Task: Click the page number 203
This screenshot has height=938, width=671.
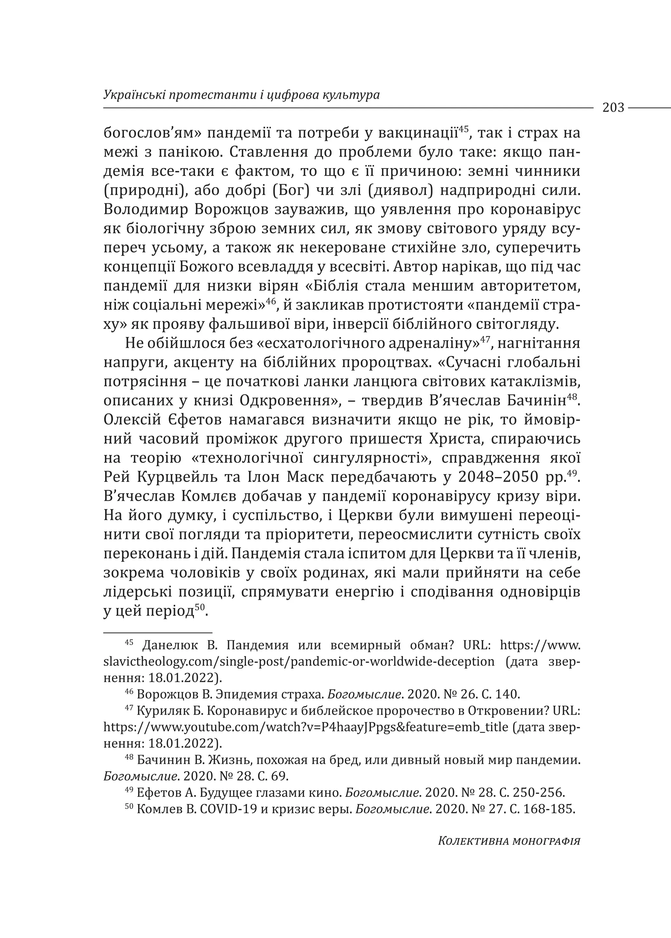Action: coord(613,108)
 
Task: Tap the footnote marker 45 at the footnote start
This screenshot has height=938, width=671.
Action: coord(129,642)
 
